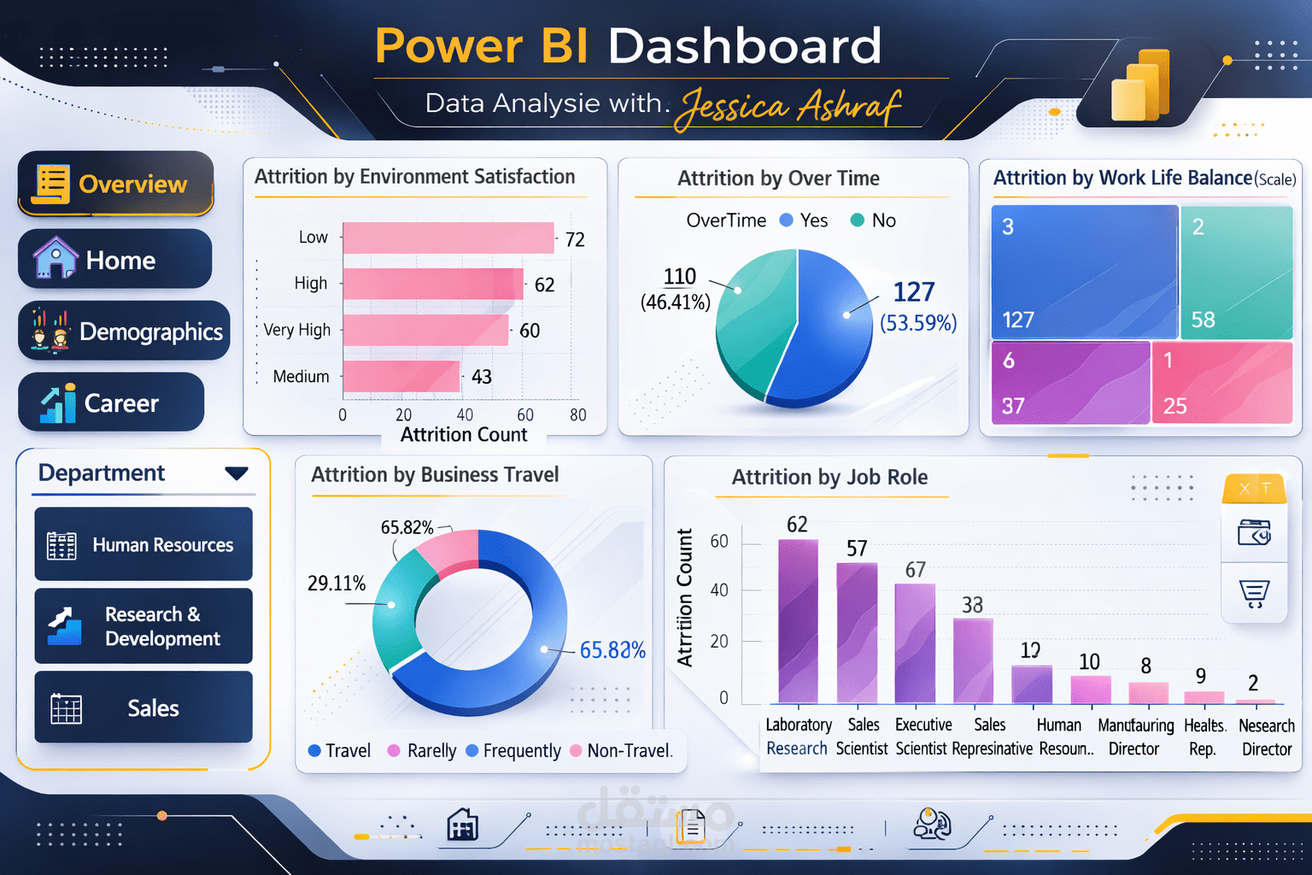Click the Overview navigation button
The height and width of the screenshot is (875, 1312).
point(115,184)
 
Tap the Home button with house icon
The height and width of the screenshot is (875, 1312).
point(114,259)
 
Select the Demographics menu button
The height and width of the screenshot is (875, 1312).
point(124,331)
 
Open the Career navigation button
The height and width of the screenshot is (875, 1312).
point(111,402)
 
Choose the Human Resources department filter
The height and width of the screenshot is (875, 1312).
point(143,544)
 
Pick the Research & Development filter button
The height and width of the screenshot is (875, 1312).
point(143,626)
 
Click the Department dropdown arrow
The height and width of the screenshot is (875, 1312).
point(237,473)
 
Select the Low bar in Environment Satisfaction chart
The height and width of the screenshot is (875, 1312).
point(448,238)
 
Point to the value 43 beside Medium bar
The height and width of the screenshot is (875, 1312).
point(482,377)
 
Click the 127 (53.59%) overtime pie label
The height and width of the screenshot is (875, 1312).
point(917,305)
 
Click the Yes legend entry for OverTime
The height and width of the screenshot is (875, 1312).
point(804,220)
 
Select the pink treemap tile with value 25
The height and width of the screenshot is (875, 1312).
point(1221,383)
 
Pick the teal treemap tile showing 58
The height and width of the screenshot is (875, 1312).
point(1236,272)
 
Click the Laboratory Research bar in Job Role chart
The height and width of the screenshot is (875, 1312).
point(798,622)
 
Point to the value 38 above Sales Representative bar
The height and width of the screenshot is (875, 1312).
point(972,605)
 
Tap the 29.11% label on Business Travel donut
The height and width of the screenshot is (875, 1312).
point(337,584)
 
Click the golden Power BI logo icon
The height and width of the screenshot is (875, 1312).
point(1140,86)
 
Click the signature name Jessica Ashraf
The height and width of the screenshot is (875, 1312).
point(788,108)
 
